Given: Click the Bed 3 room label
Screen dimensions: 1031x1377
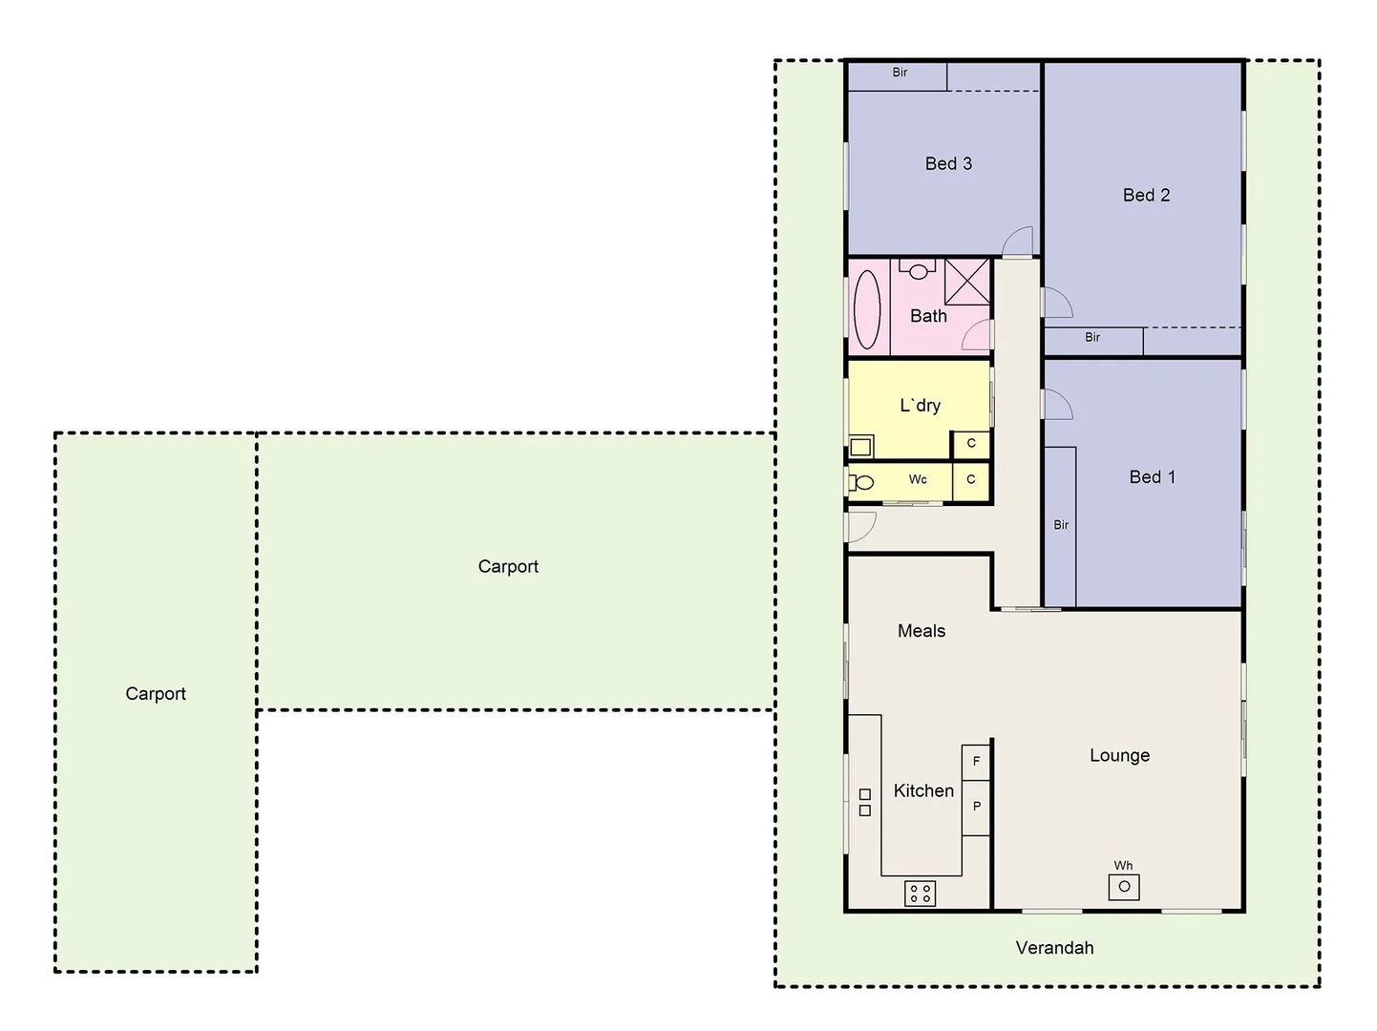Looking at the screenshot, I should click(x=948, y=163).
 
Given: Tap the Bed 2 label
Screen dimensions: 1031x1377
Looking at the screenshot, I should click(x=1146, y=195).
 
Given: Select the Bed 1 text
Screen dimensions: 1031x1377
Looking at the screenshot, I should click(x=1152, y=476).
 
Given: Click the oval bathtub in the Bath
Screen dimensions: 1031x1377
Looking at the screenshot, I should click(x=867, y=308).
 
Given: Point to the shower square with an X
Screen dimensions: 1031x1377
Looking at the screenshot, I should click(x=966, y=281).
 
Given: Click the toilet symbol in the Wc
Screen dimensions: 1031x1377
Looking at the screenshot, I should click(x=861, y=482).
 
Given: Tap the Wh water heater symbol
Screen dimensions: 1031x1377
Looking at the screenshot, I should click(x=1124, y=886).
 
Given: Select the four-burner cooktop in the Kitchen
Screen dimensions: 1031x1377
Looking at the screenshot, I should click(x=920, y=894).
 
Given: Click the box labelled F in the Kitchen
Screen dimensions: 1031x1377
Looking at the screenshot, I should click(x=976, y=762).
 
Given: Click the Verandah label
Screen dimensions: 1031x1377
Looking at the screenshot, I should click(x=1054, y=948).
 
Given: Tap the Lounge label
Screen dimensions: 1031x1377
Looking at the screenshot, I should click(x=1119, y=755).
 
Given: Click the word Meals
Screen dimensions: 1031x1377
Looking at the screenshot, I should click(x=922, y=631).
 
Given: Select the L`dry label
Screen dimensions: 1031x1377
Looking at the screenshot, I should click(x=920, y=406).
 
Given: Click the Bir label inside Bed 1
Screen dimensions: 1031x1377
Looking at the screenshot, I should click(x=1061, y=525).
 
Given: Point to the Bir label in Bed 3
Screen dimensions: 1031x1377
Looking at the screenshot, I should click(x=900, y=73).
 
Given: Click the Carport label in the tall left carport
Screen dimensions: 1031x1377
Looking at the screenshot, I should click(x=156, y=694).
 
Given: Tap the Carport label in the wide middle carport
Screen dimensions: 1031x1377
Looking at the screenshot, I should click(x=508, y=566).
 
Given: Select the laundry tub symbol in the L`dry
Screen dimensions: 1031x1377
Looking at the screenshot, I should click(x=861, y=446).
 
